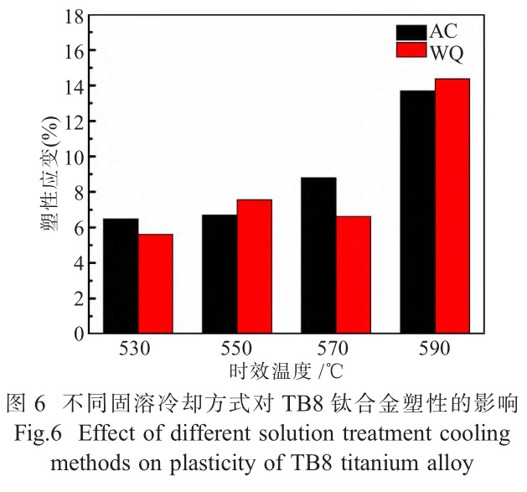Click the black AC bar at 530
(x=120, y=276)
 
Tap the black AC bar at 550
(x=219, y=274)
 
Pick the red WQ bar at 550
(x=254, y=267)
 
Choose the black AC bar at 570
(x=318, y=256)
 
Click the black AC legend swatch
(x=411, y=33)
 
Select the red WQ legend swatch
(x=411, y=52)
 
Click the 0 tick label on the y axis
(x=79, y=334)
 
